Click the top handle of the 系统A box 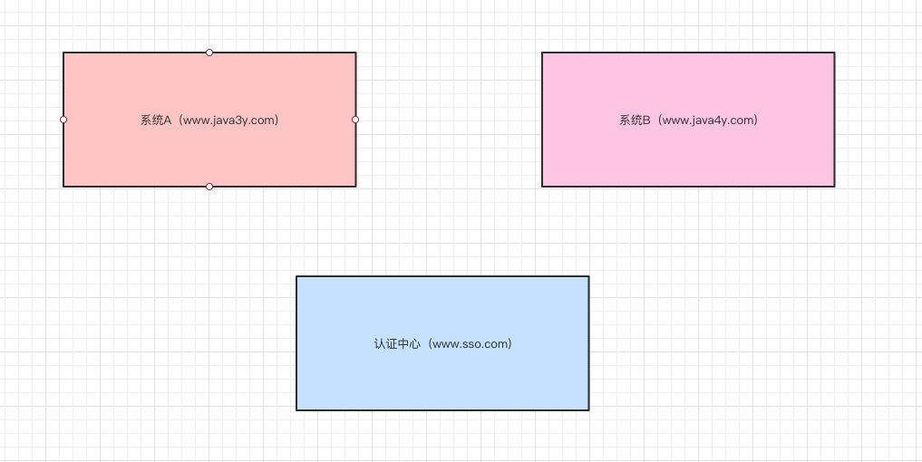pos(209,53)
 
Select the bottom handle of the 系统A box pos(209,187)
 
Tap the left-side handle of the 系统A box pos(63,120)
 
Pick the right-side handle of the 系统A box pos(355,120)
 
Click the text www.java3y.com pos(230,120)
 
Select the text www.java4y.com pos(709,120)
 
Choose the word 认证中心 pos(397,343)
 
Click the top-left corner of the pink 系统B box pos(542,53)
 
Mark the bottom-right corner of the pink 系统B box pos(834,187)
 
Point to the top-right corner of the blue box pos(588,276)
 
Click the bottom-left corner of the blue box pos(296,409)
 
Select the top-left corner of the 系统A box pos(63,53)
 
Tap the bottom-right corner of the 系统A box pos(355,187)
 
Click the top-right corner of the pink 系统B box pos(834,53)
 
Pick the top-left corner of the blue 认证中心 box pos(296,276)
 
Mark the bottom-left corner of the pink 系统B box pos(542,187)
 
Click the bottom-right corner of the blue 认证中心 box pos(588,409)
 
